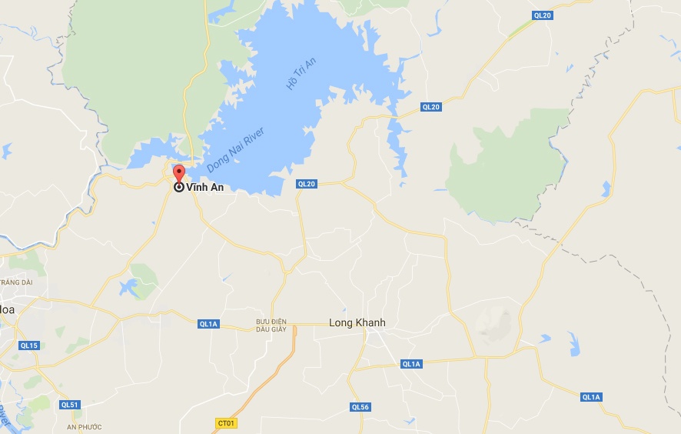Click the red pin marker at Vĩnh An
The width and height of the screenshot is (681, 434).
(179, 173)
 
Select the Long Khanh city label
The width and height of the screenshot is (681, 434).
(357, 322)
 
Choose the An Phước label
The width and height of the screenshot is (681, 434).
(84, 426)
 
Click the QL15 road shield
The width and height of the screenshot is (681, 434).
(29, 346)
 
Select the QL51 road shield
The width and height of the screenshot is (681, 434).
(70, 405)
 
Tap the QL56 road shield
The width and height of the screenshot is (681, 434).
(360, 407)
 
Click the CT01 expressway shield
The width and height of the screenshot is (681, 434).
(226, 422)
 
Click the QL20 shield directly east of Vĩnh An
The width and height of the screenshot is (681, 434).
(307, 183)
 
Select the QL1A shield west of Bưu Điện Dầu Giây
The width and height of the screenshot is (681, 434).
(209, 324)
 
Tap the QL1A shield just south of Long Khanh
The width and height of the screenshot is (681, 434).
(412, 363)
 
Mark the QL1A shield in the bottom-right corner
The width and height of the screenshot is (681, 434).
(591, 397)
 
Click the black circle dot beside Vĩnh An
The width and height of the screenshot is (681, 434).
(179, 187)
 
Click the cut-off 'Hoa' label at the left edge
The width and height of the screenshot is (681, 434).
(7, 309)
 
